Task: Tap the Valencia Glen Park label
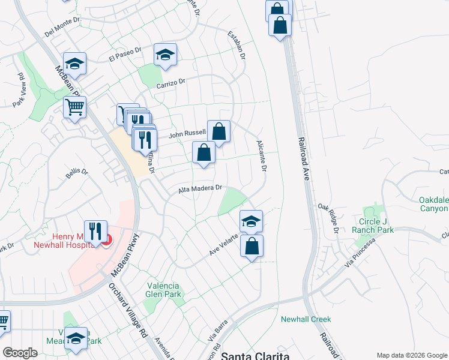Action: coord(162,290)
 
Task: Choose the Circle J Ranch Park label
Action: coord(376,226)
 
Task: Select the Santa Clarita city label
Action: coord(255,356)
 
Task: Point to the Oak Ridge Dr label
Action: coord(328,217)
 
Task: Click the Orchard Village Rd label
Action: coord(128,308)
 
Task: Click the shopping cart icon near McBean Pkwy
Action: coord(74,107)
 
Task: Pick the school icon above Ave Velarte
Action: coord(251,221)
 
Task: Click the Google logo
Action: coord(20,353)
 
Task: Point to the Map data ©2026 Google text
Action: coord(411,355)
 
